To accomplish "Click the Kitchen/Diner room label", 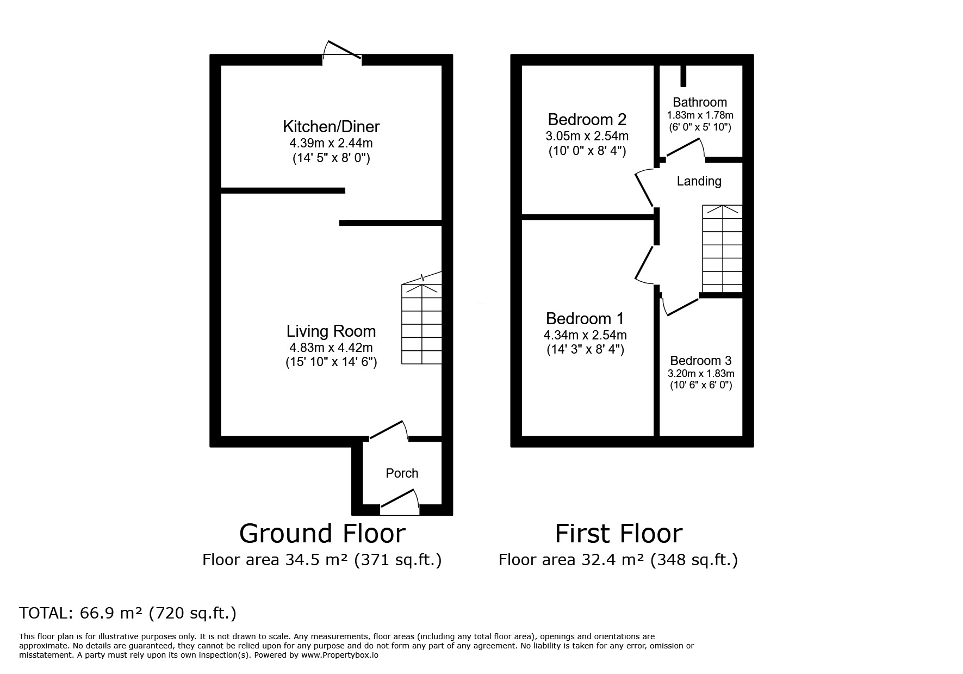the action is pos(331,127).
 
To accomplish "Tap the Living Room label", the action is pos(331,331).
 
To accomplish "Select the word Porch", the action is pos(402,473).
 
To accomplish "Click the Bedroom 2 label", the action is pos(587,119).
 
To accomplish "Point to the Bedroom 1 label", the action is pos(585,319).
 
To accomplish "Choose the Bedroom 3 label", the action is pos(701,361).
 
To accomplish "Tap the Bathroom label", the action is pos(700,102).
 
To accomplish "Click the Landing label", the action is pos(699,182).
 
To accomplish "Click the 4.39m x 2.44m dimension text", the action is pos(331,144).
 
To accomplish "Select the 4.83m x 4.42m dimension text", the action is pos(331,348).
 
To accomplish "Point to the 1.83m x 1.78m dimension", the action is pos(700,115).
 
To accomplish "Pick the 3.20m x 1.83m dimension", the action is pos(701,374).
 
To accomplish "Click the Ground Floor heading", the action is pos(322,534).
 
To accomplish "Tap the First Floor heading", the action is pos(618,534).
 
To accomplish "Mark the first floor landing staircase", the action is pos(722,249).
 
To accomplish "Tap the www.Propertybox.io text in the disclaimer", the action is pos(340,656).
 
